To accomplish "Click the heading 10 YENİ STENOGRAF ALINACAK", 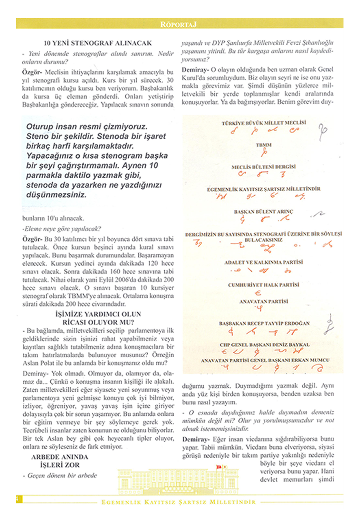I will pyautogui.click(x=97, y=43).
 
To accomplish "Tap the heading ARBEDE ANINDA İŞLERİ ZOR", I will pyautogui.click(x=60, y=461).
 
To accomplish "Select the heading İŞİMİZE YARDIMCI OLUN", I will pyautogui.click(x=98, y=314).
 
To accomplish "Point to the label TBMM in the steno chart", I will pyautogui.click(x=264, y=145).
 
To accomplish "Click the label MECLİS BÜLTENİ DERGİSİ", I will pyautogui.click(x=263, y=166).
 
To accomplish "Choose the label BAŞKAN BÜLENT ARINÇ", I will pyautogui.click(x=263, y=212).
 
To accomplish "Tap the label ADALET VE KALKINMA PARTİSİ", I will pyautogui.click(x=263, y=262).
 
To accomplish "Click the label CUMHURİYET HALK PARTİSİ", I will pyautogui.click(x=263, y=285).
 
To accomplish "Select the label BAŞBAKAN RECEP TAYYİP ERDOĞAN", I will pyautogui.click(x=264, y=324).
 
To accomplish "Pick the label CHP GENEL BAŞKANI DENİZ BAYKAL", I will pyautogui.click(x=264, y=345).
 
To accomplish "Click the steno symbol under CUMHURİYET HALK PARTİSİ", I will pyautogui.click(x=257, y=293).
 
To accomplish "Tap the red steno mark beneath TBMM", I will pyautogui.click(x=264, y=153).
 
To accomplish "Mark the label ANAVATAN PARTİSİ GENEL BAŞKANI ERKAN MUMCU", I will pyautogui.click(x=265, y=360).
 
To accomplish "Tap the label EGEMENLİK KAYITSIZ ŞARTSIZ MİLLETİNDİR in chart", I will pyautogui.click(x=264, y=189).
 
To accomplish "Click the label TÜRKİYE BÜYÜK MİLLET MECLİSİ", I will pyautogui.click(x=264, y=123).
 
